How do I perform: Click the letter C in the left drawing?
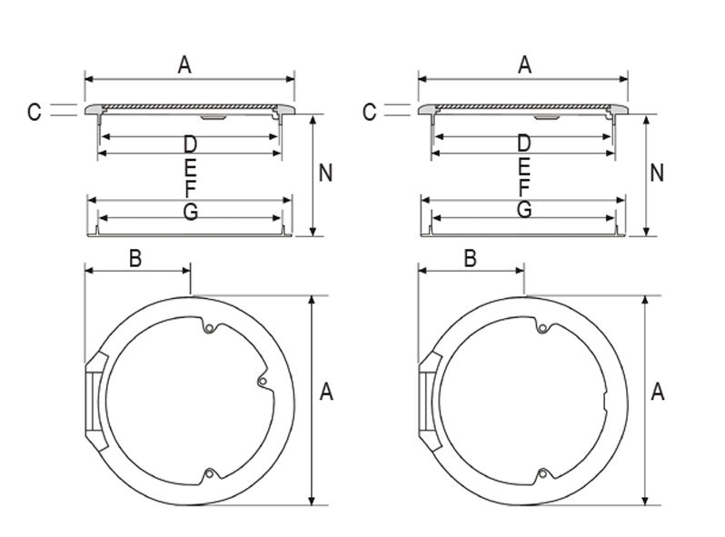point(35,112)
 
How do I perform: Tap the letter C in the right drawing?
point(369,112)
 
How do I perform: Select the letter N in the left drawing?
point(325,173)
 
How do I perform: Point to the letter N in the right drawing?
point(659,173)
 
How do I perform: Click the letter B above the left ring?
point(134,259)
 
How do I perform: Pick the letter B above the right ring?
point(470,259)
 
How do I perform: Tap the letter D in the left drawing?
point(190,144)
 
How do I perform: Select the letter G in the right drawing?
point(524,211)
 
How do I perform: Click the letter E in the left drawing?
point(190,167)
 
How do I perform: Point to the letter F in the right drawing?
point(524,188)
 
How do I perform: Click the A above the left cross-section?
point(184,65)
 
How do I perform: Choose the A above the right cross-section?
point(524,65)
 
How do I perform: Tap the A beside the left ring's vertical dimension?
point(327,393)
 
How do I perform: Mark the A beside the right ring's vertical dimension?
point(659,393)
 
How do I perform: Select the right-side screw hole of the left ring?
point(262,382)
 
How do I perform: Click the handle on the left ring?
point(94,400)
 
